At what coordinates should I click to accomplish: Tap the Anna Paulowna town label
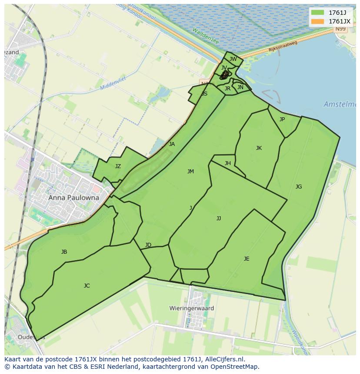click(73, 198)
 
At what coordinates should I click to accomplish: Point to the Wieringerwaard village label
click(192, 308)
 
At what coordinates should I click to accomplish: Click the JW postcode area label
click(233, 59)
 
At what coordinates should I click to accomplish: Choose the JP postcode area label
click(282, 119)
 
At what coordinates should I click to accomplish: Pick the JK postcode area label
click(259, 148)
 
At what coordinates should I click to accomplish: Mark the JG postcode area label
click(299, 187)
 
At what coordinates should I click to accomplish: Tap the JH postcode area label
click(228, 163)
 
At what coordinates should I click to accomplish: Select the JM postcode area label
click(190, 172)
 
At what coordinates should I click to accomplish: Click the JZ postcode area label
click(118, 166)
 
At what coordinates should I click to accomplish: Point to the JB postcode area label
click(64, 252)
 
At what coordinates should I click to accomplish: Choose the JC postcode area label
click(87, 286)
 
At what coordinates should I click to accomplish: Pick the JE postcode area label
click(247, 259)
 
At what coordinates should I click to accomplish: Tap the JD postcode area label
click(148, 245)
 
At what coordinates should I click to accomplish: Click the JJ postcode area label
click(219, 218)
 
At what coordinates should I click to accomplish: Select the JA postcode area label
click(172, 144)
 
